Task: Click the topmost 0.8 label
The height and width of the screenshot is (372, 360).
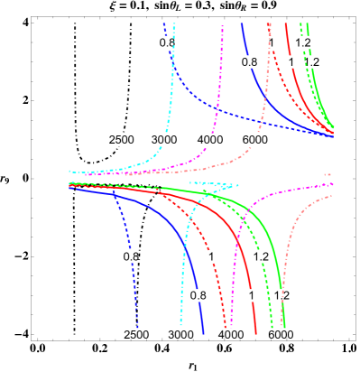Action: click(168, 42)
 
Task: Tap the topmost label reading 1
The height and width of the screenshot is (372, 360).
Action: click(271, 42)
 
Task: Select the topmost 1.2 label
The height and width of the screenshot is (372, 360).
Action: click(303, 42)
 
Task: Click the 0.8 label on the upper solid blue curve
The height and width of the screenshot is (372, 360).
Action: click(249, 61)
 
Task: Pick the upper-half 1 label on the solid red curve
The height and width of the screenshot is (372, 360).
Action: click(291, 61)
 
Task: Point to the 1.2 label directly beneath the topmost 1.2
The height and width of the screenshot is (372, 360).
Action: click(311, 61)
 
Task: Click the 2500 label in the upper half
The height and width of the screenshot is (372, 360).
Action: click(122, 139)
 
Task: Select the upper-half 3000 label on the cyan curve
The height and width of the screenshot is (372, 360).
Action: click(163, 139)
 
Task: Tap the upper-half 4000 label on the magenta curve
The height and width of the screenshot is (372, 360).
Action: click(210, 139)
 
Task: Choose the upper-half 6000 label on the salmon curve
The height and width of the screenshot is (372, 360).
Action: click(255, 139)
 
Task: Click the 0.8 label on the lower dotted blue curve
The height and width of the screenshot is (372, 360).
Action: click(132, 256)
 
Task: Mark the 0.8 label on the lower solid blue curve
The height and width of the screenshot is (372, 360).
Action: click(198, 295)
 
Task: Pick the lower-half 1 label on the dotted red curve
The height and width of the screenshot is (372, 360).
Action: click(211, 256)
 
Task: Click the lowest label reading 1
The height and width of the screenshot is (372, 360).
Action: click(251, 295)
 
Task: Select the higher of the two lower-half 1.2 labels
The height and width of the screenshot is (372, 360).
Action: click(261, 256)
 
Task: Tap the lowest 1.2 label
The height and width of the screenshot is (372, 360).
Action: click(282, 295)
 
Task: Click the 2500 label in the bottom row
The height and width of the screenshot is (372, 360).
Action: click(135, 335)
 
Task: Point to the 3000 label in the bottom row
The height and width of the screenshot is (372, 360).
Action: click(181, 335)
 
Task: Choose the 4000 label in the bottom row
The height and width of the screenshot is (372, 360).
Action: click(231, 335)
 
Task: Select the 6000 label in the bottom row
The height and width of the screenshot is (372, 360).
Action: click(280, 335)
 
